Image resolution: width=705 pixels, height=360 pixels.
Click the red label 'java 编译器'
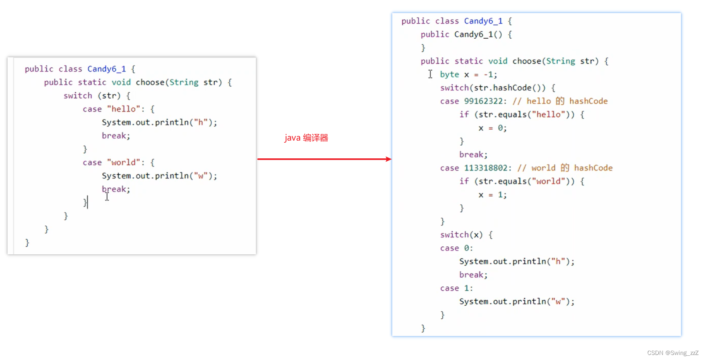coord(306,138)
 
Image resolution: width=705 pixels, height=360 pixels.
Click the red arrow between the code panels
coord(324,159)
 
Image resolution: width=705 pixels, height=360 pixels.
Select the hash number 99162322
coord(483,101)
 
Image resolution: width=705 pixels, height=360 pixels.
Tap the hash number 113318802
coord(486,168)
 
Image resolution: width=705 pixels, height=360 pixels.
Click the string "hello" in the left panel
coord(123,109)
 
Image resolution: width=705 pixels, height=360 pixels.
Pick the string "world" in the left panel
coord(123,163)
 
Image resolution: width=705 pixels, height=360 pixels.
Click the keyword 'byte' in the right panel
coord(450,75)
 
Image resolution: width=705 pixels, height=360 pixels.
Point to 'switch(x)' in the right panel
coord(461,235)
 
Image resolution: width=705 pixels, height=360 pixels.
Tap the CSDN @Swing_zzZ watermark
coord(673,353)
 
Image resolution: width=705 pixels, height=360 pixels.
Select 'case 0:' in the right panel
coord(456,248)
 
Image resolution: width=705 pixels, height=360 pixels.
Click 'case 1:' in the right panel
coord(456,288)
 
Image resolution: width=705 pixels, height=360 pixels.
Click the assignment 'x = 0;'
coord(492,128)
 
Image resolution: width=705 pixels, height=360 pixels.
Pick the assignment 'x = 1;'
coord(492,195)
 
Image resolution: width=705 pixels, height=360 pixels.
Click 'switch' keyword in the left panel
coord(78,96)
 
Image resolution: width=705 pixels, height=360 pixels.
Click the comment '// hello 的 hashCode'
coord(560,101)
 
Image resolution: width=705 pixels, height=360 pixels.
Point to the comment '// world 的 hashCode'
coord(565,168)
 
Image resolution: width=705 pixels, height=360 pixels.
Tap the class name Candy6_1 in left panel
coord(106,69)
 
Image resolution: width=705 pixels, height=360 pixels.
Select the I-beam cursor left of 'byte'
coord(430,74)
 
